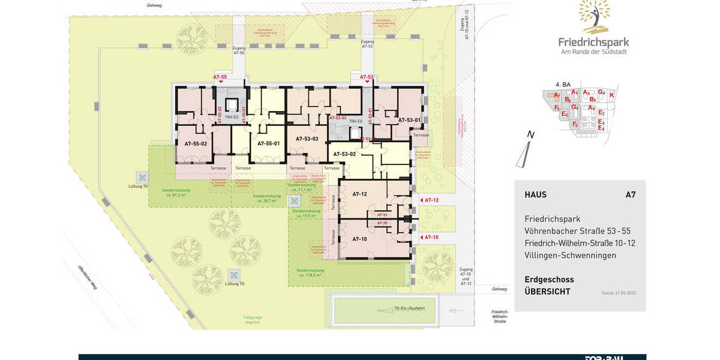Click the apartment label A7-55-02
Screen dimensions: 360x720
coord(196,144)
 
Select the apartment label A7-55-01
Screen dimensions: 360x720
coord(268,144)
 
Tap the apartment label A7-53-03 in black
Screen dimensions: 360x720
coord(307,139)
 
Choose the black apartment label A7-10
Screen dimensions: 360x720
coord(359,239)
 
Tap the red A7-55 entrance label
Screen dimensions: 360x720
coord(220,77)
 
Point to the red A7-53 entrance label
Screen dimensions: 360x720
coord(366,77)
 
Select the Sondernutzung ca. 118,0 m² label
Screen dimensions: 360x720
coord(314,273)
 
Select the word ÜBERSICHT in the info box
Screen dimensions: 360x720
coord(547,292)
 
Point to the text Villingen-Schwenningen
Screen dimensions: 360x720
coord(570,256)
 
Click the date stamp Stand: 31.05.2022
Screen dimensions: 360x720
coord(618,293)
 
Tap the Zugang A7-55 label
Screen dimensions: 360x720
coord(239,50)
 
